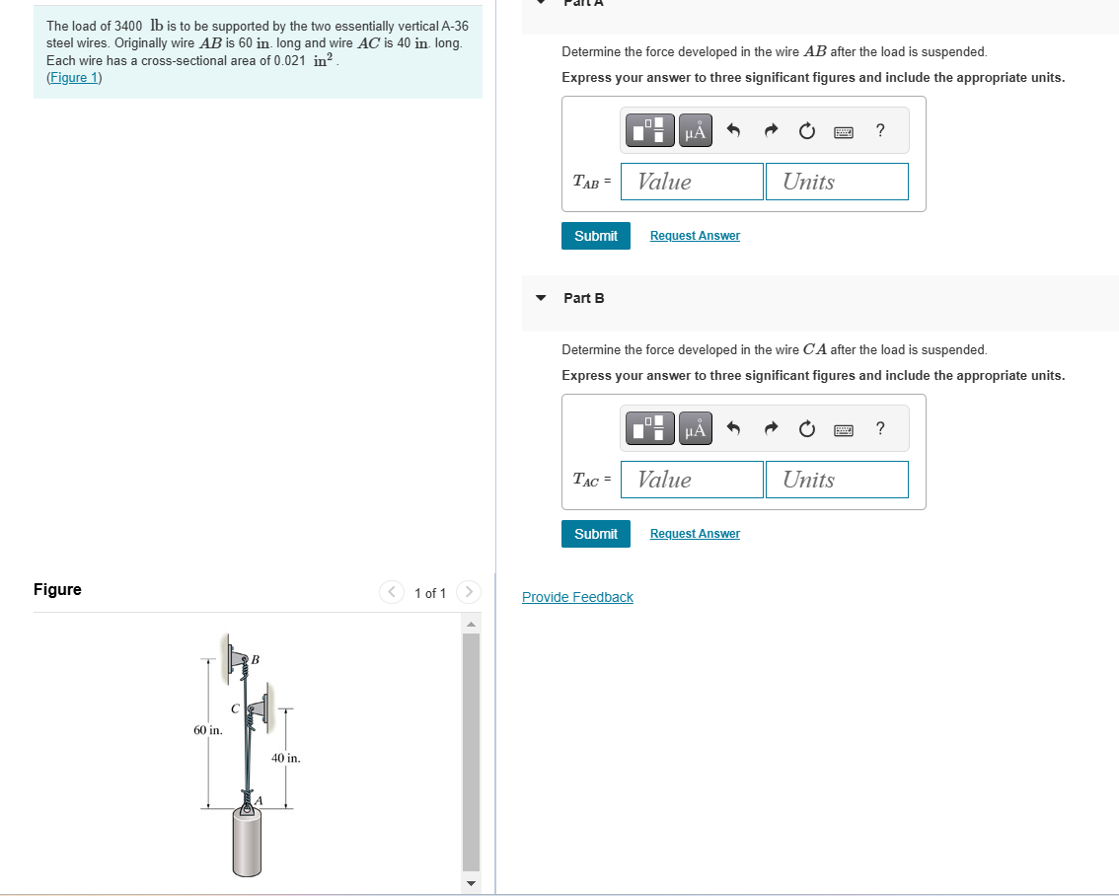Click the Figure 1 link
pyautogui.click(x=74, y=78)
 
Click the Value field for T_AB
pyautogui.click(x=693, y=182)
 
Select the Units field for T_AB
pyautogui.click(x=837, y=182)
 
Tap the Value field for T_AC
pyautogui.click(x=693, y=480)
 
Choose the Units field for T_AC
pyautogui.click(x=837, y=480)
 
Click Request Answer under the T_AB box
pyautogui.click(x=695, y=236)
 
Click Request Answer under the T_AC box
pyautogui.click(x=695, y=534)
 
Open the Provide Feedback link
pyautogui.click(x=577, y=597)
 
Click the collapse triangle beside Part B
pyautogui.click(x=541, y=298)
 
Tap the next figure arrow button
pyautogui.click(x=469, y=592)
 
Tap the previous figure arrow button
pyautogui.click(x=391, y=592)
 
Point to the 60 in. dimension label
pyautogui.click(x=207, y=730)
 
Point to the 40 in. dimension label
pyautogui.click(x=285, y=758)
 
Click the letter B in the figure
pyautogui.click(x=256, y=659)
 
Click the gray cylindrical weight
pyautogui.click(x=247, y=842)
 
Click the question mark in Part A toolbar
pyautogui.click(x=880, y=130)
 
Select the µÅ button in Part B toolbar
pyautogui.click(x=695, y=428)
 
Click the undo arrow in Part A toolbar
pyautogui.click(x=733, y=130)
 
